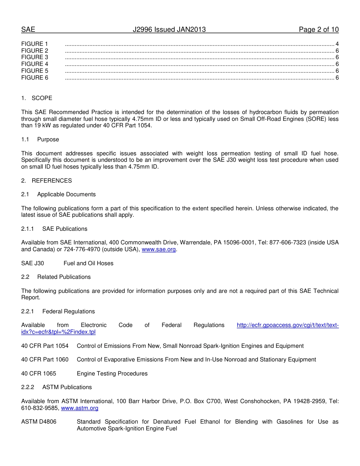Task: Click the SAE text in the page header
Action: pyautogui.click(x=28, y=30)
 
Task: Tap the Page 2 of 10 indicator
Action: pyautogui.click(x=318, y=30)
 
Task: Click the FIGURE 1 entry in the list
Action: pyautogui.click(x=35, y=44)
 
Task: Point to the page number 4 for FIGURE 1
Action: pyautogui.click(x=337, y=44)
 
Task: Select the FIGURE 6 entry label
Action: pyautogui.click(x=35, y=78)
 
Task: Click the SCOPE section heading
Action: pyautogui.click(x=42, y=98)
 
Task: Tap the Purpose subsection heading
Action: pyautogui.click(x=48, y=139)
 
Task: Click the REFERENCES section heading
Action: pyautogui.click(x=52, y=181)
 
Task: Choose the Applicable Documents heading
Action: pyautogui.click(x=66, y=194)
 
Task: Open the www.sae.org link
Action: pyautogui.click(x=158, y=250)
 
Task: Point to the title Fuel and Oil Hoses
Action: pyautogui.click(x=88, y=263)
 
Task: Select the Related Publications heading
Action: pyautogui.click(x=64, y=277)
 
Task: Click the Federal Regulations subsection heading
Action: pyautogui.click(x=68, y=311)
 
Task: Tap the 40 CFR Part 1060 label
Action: pyautogui.click(x=45, y=360)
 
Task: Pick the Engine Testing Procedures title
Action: pyautogui.click(x=112, y=374)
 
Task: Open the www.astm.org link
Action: pyautogui.click(x=80, y=408)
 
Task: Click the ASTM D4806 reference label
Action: pyautogui.click(x=39, y=422)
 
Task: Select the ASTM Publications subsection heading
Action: pyautogui.click(x=67, y=387)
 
